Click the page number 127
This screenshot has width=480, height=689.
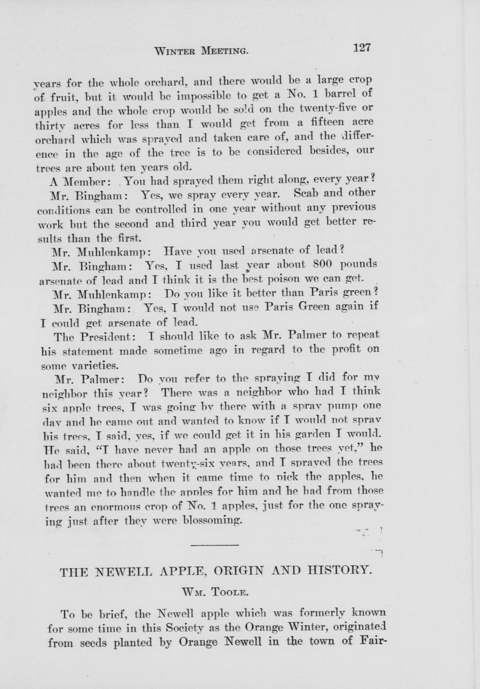(x=362, y=48)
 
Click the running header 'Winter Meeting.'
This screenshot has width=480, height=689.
(x=201, y=50)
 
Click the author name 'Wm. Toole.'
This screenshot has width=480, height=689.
(x=215, y=593)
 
